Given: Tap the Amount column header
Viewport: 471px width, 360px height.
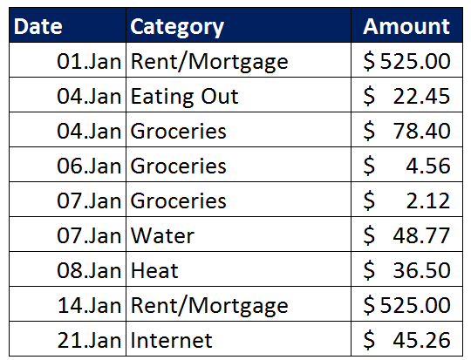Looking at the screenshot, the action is pyautogui.click(x=406, y=26).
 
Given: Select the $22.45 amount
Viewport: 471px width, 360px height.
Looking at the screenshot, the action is pyautogui.click(x=406, y=96).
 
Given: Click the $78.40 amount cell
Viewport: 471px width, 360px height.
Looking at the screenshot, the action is pyautogui.click(x=406, y=131).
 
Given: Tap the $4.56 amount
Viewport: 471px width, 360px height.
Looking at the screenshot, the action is pyautogui.click(x=406, y=166).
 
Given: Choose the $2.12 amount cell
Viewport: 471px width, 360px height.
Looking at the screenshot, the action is pyautogui.click(x=406, y=200).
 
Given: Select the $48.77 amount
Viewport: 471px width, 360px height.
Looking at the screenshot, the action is pyautogui.click(x=406, y=235).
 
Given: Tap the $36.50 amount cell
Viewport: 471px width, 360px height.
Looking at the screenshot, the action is pyautogui.click(x=406, y=270).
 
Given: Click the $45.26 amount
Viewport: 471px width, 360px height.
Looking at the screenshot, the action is pyautogui.click(x=406, y=340).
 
